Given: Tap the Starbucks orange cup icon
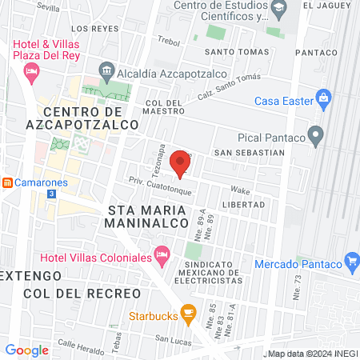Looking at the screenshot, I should click(188, 312).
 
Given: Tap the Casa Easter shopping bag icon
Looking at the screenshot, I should click(323, 100).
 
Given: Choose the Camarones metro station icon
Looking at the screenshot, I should click(7, 182).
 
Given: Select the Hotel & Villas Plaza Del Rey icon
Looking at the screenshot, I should click(32, 74).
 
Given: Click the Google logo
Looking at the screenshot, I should click(26, 350).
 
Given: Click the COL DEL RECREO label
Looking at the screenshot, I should click(82, 293).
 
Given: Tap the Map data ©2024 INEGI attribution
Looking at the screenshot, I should click(311, 353).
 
